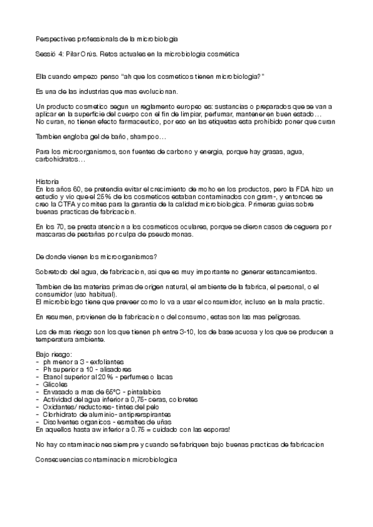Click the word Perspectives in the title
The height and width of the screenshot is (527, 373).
tap(55, 39)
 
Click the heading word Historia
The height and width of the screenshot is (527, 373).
tap(49, 181)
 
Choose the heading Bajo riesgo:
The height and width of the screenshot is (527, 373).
tap(54, 354)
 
